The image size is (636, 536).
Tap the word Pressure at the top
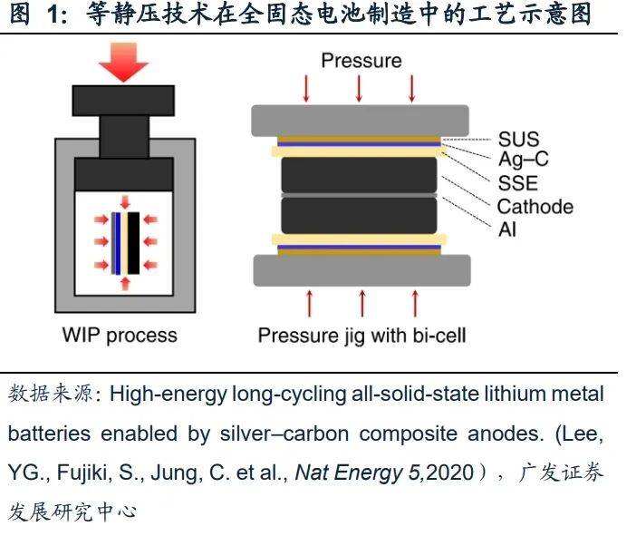[x=361, y=61]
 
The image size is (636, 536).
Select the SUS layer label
[x=517, y=140]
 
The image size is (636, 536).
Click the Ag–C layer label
[x=523, y=161]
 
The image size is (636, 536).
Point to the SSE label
[x=517, y=183]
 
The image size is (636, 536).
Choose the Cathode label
[x=535, y=206]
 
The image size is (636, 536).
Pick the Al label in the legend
[x=507, y=229]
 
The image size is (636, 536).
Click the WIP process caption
[x=120, y=336]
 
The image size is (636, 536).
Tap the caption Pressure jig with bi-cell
[x=361, y=336]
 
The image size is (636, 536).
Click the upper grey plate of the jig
[x=360, y=119]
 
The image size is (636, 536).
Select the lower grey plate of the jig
[x=360, y=269]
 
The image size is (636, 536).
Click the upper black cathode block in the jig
[x=360, y=173]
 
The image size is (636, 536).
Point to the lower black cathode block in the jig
[x=360, y=214]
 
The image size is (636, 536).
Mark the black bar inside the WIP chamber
[x=133, y=242]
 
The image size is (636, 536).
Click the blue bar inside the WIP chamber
[x=118, y=242]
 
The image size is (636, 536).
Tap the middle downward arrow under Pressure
[x=360, y=88]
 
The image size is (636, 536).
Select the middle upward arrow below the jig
[x=361, y=302]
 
